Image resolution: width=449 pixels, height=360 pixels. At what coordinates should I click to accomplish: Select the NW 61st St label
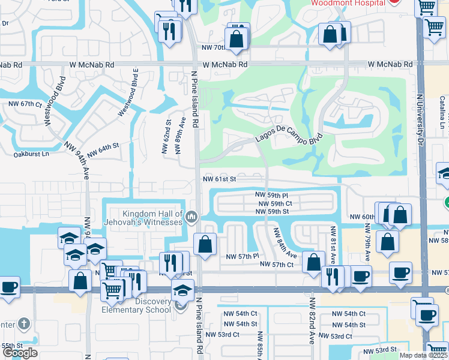pos(220,179)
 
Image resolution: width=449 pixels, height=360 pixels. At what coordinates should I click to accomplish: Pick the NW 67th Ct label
pos(24,104)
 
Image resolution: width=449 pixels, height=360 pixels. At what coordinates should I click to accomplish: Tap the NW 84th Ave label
pos(285,243)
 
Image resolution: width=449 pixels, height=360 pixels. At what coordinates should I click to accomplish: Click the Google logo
pos(20,353)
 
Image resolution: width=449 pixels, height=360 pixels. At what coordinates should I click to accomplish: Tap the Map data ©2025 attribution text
pos(423,355)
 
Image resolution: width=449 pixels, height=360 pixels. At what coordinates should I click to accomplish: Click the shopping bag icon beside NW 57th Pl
pos(205,245)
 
